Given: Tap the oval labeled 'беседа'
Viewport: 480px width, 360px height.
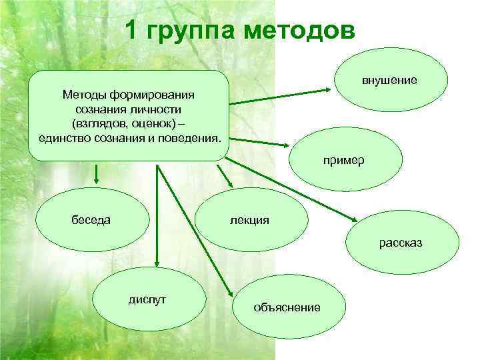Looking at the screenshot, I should (x=92, y=219).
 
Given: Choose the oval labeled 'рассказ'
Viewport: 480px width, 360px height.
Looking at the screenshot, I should (x=401, y=243).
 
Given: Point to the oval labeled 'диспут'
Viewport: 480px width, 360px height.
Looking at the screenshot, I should (x=147, y=299).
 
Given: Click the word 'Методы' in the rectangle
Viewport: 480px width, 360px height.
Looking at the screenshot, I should (x=80, y=95).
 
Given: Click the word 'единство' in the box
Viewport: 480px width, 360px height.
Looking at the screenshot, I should (x=58, y=137).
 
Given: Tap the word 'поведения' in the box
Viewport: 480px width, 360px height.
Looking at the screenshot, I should (x=191, y=137).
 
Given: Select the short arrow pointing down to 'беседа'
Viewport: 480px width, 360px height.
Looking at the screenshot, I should (x=97, y=175).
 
